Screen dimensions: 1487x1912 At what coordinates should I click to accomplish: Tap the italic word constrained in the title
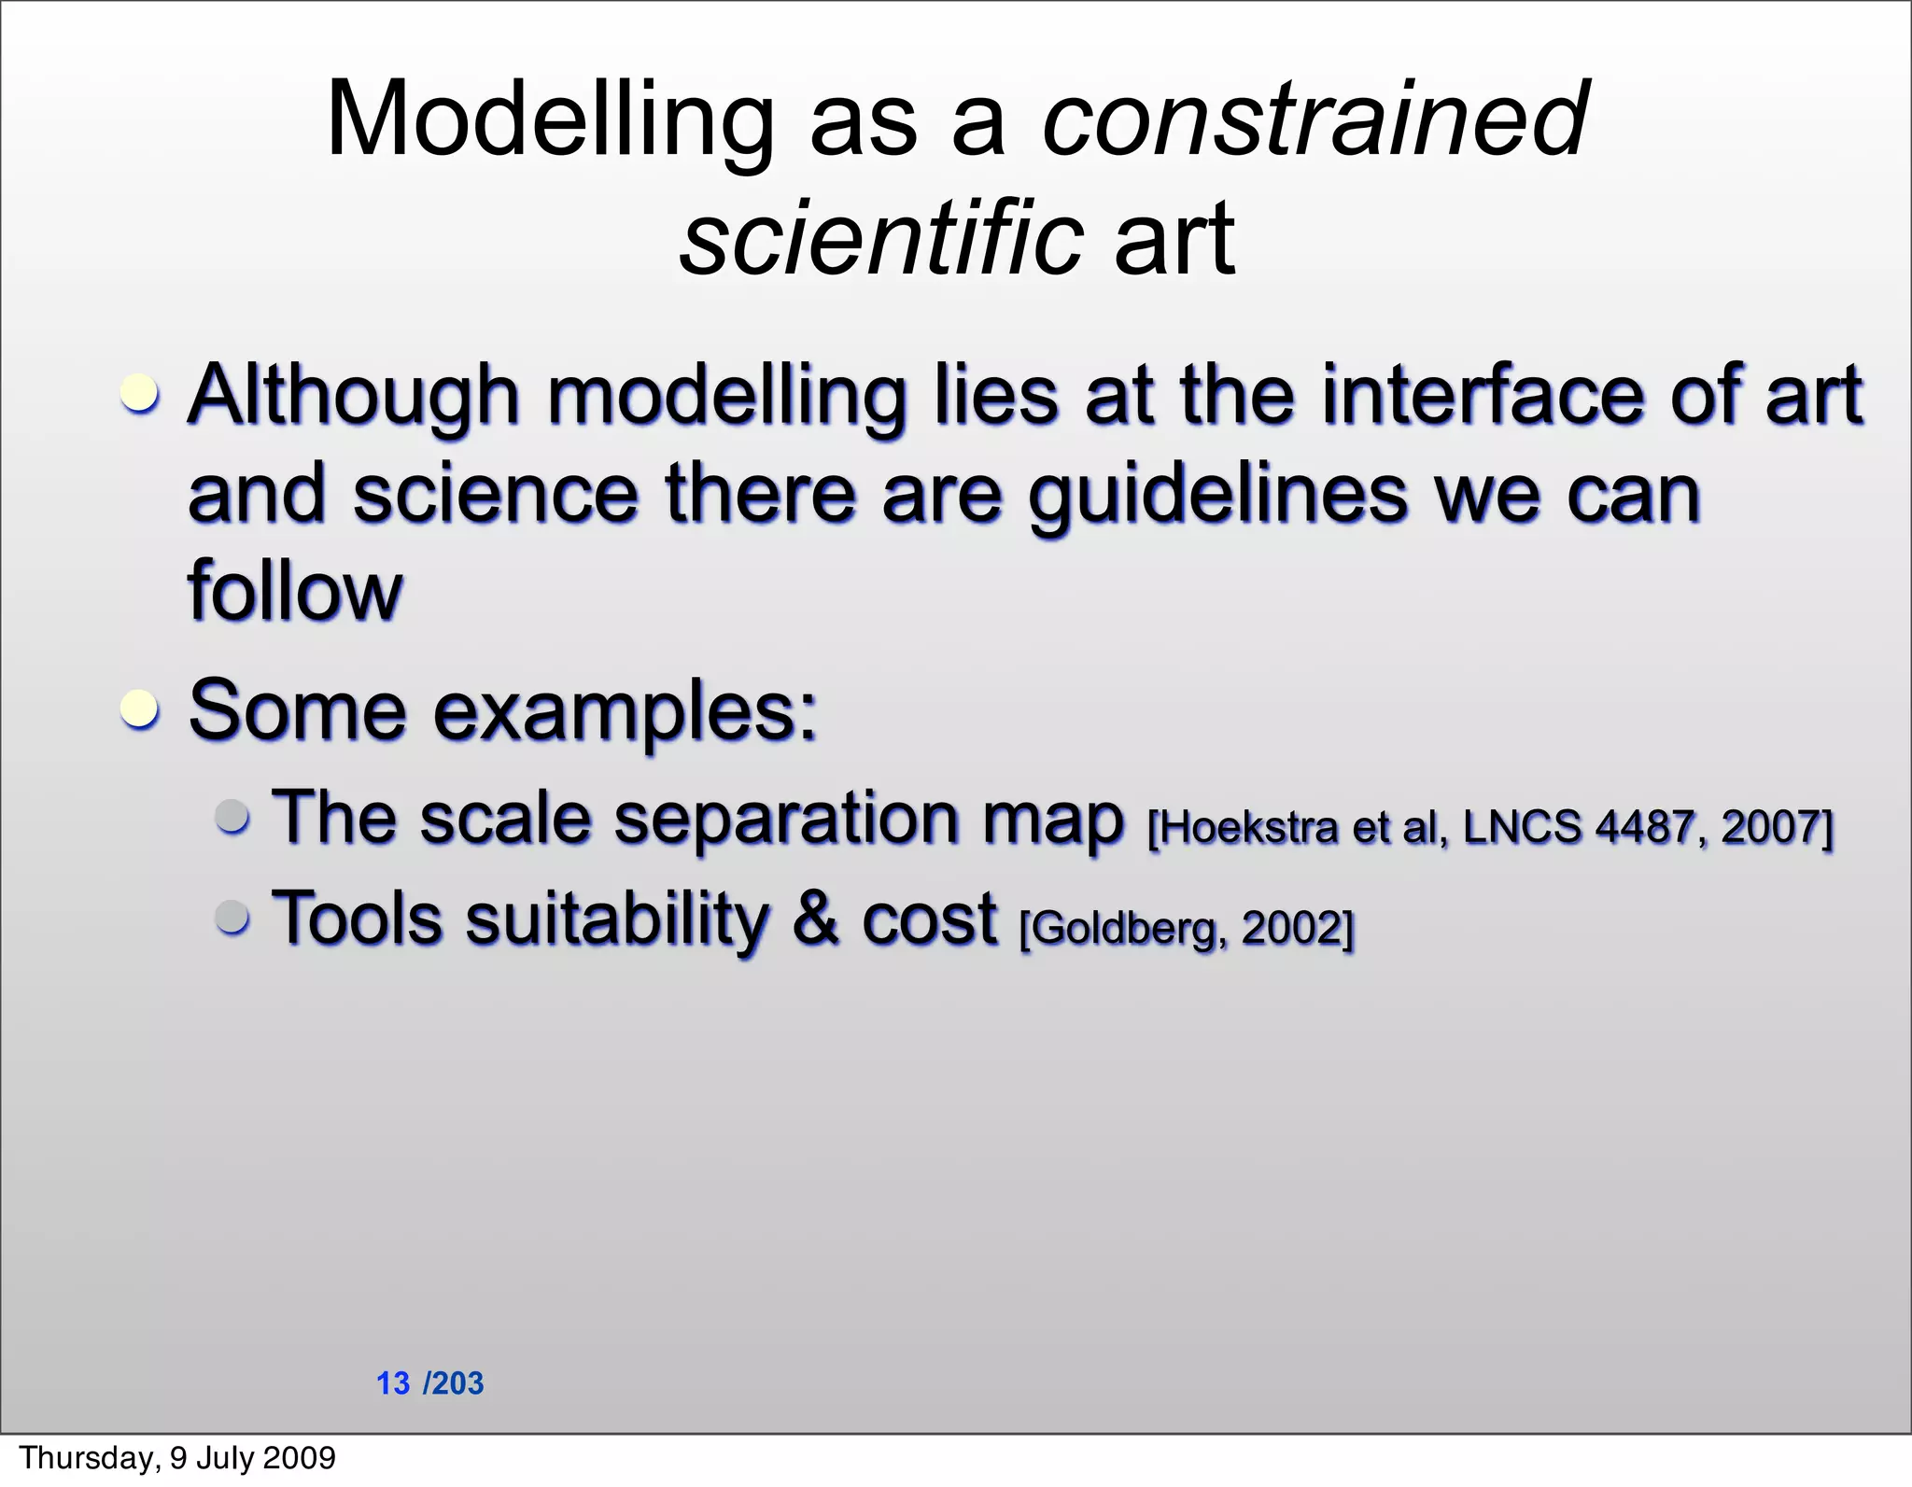point(1314,119)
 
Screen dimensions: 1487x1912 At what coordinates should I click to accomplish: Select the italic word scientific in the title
point(880,239)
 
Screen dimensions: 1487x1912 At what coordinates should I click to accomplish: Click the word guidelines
point(1216,495)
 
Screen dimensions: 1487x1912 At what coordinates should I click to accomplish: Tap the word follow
point(294,590)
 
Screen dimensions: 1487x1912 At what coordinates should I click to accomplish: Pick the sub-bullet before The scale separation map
point(232,816)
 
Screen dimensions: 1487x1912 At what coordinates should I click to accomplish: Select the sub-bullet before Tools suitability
point(232,916)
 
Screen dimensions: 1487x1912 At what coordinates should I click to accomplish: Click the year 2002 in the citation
point(1292,928)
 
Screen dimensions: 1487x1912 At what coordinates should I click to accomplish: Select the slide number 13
point(393,1383)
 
